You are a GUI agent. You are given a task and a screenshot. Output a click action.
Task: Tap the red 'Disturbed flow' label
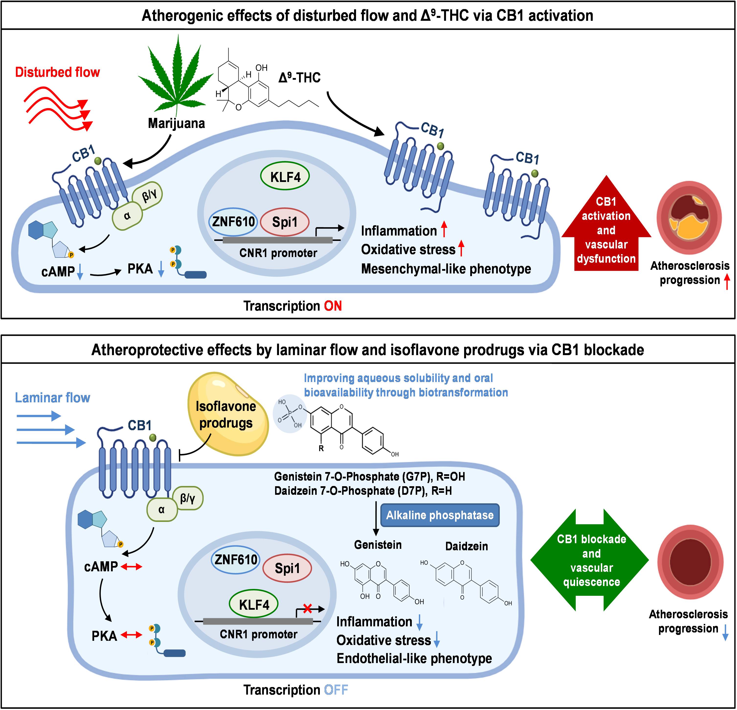(57, 72)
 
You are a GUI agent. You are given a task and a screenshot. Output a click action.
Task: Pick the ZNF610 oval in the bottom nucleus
(236, 560)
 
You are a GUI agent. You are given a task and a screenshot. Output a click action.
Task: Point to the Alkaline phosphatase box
(440, 515)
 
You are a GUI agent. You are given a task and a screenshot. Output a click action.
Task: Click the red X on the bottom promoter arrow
(307, 608)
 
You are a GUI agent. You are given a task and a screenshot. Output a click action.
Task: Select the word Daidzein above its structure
(466, 546)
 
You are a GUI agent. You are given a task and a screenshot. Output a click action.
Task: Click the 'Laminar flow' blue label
(53, 397)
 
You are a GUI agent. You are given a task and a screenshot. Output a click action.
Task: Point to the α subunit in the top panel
(127, 215)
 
